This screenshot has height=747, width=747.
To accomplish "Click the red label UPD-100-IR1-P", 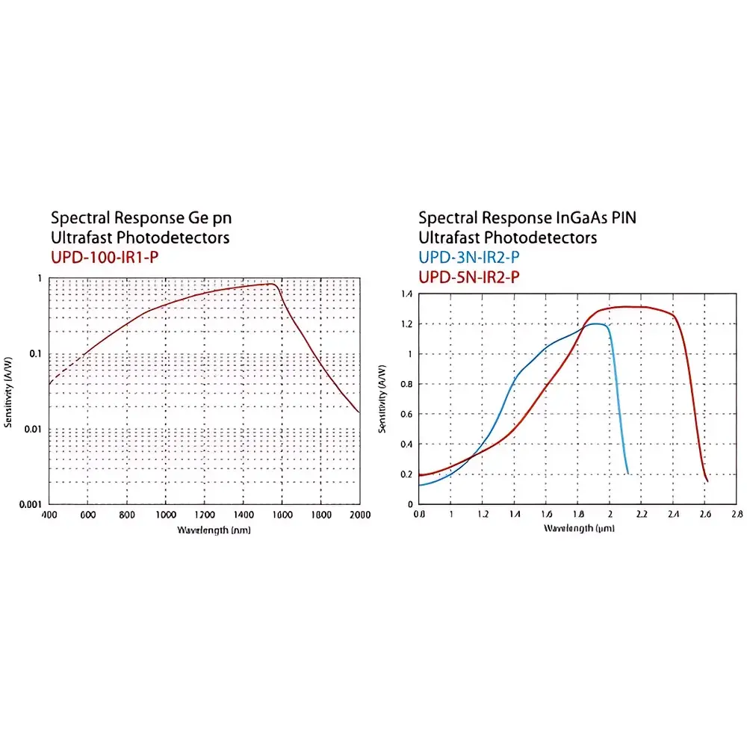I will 105,258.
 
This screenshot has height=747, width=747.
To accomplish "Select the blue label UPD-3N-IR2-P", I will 469,258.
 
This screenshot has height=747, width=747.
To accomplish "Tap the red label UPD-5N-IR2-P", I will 469,277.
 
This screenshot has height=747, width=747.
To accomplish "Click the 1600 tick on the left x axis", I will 282,515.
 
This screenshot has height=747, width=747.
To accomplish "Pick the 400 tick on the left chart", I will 49,515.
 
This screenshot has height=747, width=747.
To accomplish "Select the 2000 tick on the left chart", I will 359,515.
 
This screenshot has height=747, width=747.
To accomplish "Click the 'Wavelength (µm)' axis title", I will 579,529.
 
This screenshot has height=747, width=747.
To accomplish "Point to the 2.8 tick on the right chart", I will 737,515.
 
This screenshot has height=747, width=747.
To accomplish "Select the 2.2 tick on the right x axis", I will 642,515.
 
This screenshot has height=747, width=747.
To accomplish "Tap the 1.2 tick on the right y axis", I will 406,324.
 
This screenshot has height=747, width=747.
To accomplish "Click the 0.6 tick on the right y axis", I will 406,414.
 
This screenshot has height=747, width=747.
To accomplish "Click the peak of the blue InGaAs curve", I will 595,323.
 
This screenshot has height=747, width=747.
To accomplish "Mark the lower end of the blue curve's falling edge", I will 627,473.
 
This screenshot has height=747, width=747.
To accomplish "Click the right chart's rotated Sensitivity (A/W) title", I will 383,400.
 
